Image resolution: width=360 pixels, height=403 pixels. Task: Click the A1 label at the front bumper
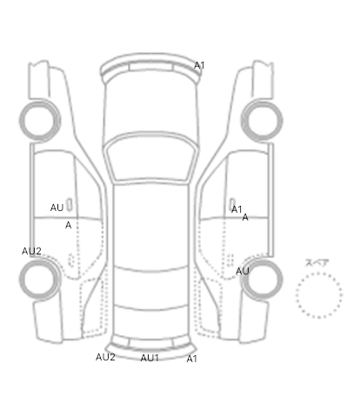[199, 65]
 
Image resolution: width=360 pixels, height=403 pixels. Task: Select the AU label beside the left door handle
[57, 208]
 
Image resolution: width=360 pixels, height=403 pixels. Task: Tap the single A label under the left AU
[68, 225]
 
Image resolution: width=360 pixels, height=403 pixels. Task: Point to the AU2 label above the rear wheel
[31, 251]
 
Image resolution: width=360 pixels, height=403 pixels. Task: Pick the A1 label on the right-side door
[237, 209]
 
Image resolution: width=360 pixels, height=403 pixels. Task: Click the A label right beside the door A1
[245, 217]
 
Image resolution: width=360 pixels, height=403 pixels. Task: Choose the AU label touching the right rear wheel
[243, 271]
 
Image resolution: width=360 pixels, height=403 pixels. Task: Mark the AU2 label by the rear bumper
[105, 357]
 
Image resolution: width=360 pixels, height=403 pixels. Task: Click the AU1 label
[150, 358]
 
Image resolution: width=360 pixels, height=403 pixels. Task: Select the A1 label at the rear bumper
[191, 359]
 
